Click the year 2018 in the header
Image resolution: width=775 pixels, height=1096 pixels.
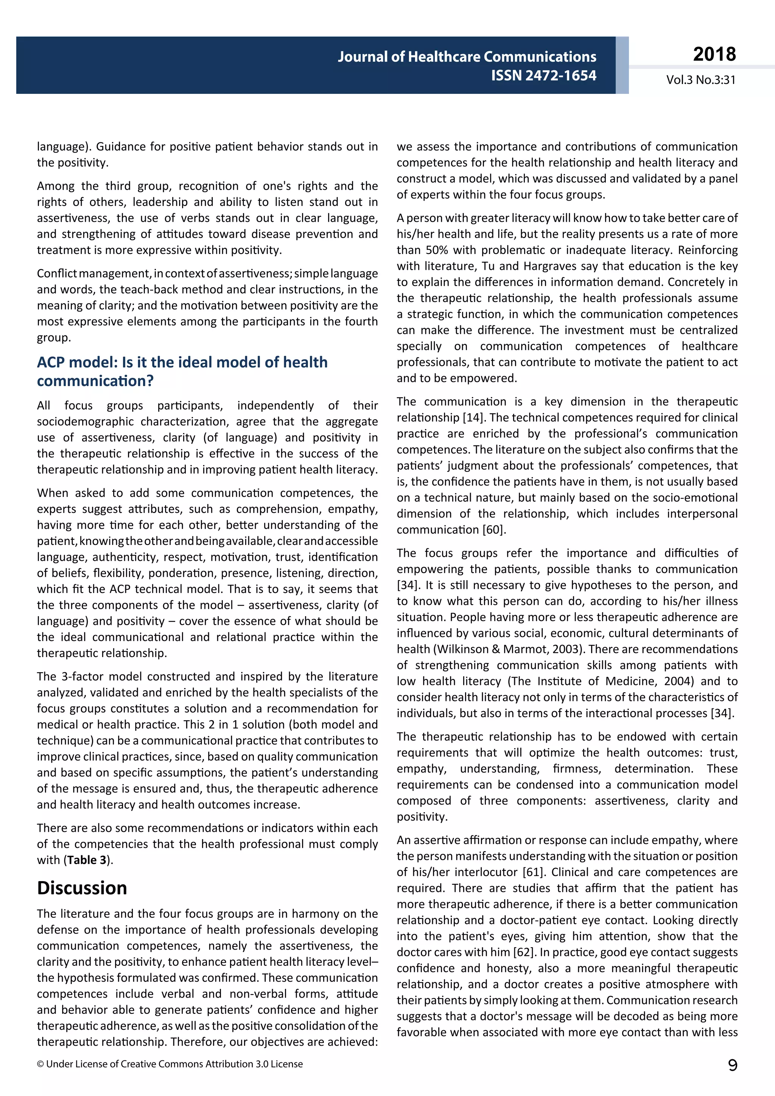click(714, 54)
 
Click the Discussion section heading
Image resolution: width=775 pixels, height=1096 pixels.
click(82, 888)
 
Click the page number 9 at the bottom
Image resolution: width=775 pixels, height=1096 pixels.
click(733, 1065)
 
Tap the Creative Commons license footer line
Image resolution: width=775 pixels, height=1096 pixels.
click(170, 1064)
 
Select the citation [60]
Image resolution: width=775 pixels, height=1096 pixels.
click(494, 529)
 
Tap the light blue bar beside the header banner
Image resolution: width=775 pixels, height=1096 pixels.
click(622, 65)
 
